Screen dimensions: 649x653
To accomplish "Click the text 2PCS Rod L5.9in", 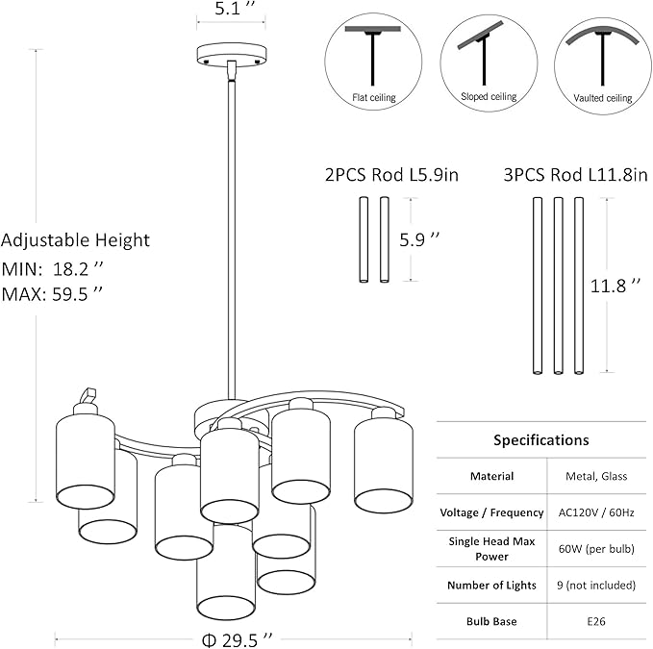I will [x=391, y=175].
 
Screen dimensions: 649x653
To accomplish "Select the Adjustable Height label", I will [x=76, y=240].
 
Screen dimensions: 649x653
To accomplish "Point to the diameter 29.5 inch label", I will [x=233, y=637].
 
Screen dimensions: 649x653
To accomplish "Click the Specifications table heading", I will [x=540, y=440].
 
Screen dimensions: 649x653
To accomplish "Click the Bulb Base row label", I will [x=491, y=621].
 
